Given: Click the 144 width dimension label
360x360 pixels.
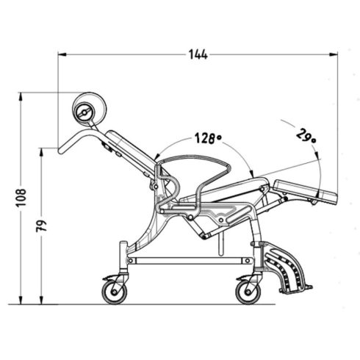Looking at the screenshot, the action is tap(198, 54).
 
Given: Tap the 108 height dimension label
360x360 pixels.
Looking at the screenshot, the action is tap(21, 198).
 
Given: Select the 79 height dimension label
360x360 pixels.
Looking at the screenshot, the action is tap(41, 226).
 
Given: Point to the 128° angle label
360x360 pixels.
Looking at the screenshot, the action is tap(208, 138).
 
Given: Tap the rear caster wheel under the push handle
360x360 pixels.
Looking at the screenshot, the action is tap(115, 292).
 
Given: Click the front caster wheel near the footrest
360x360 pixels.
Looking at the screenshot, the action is tap(248, 292).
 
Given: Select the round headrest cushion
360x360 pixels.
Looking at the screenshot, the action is tap(90, 108).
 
